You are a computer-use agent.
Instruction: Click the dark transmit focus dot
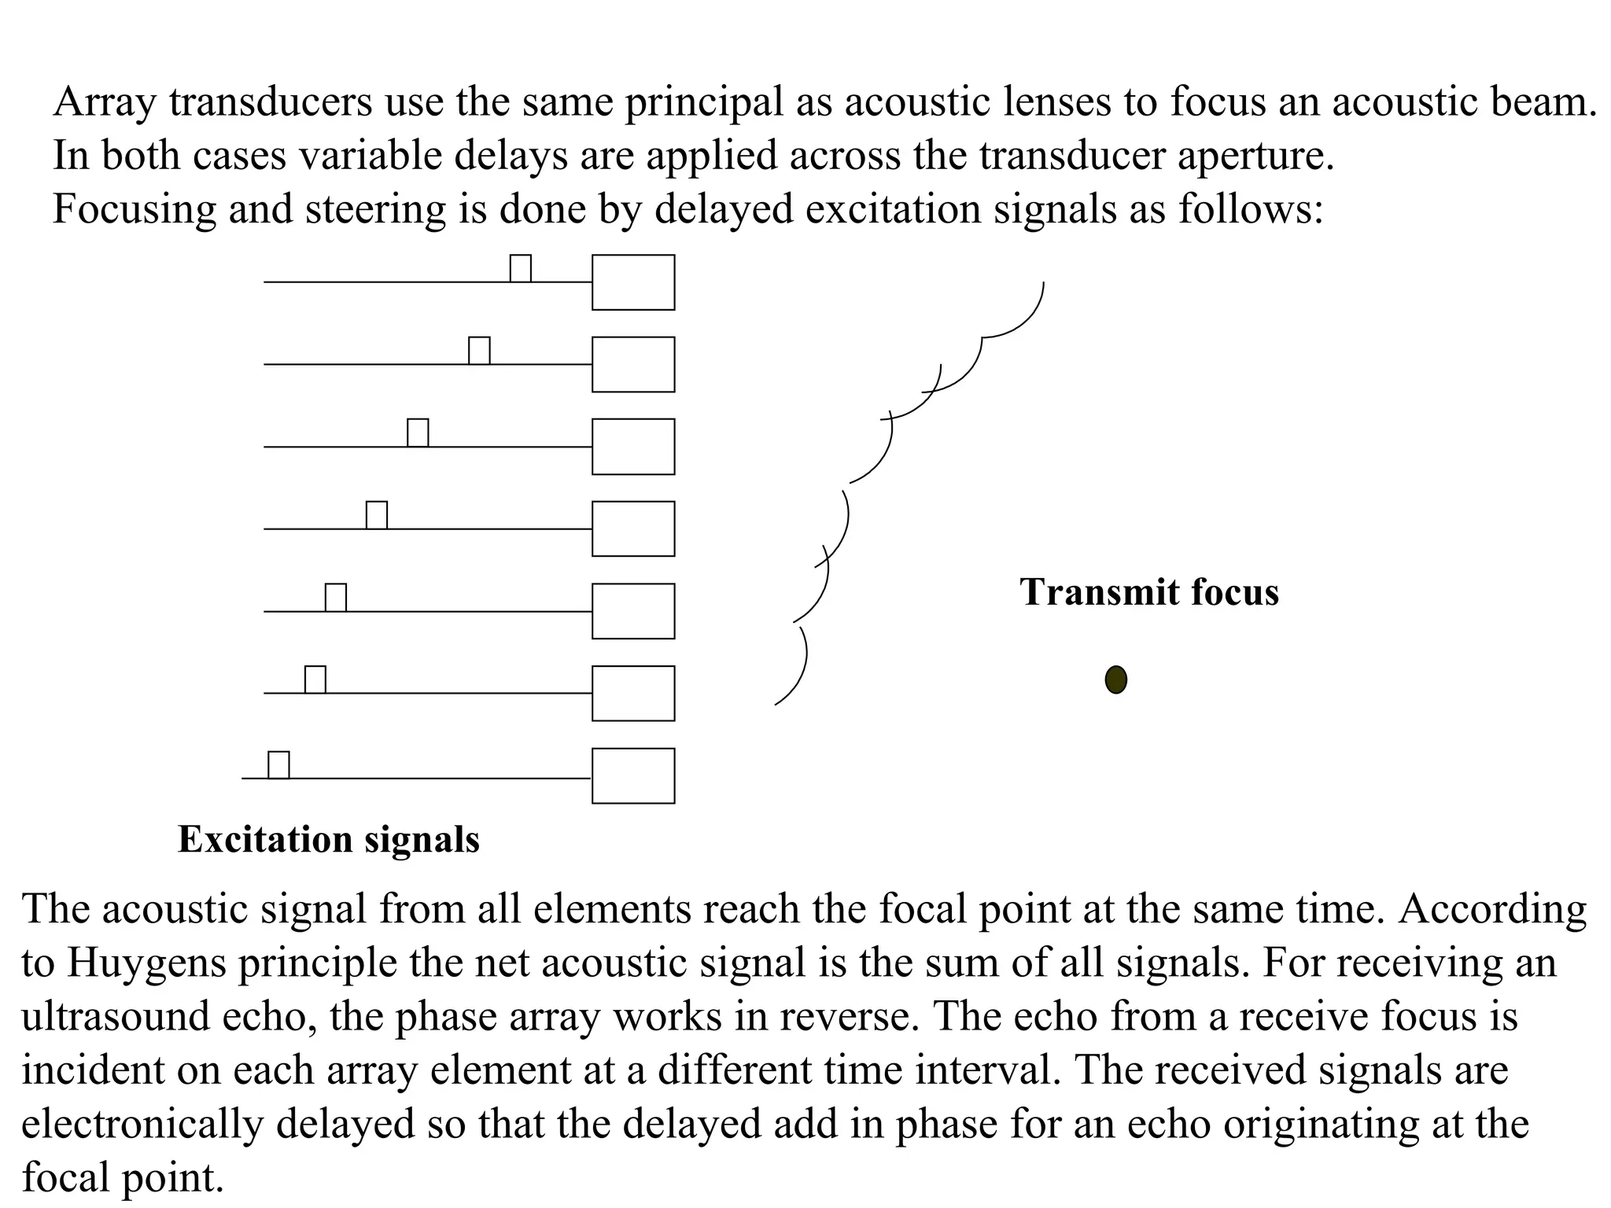[x=1115, y=679]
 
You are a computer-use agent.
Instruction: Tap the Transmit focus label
[x=1148, y=592]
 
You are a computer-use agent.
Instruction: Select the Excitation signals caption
[x=328, y=839]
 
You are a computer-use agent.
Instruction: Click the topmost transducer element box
[x=633, y=282]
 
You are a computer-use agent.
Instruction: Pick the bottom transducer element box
[x=633, y=775]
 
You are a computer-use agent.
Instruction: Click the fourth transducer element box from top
[x=633, y=528]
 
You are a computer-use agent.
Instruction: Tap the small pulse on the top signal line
[x=520, y=268]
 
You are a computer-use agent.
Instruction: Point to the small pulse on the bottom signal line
[x=278, y=765]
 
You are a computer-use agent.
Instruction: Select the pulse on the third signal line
[x=418, y=433]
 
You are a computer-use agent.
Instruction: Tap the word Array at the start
[x=105, y=102]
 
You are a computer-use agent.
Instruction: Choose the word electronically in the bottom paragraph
[x=142, y=1123]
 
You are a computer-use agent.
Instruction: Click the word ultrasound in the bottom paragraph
[x=115, y=1016]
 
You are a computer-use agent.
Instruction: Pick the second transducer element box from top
[x=633, y=364]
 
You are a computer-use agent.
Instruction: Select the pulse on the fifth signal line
[x=336, y=598]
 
